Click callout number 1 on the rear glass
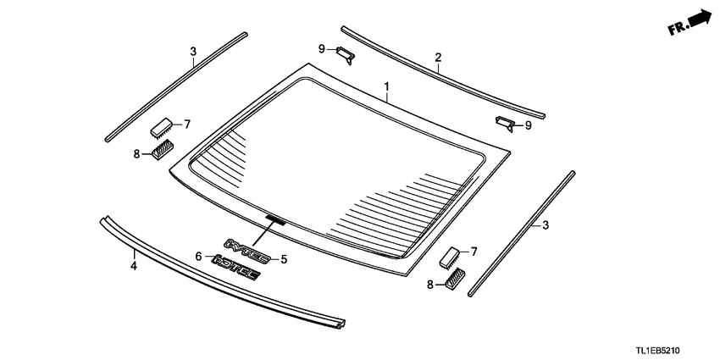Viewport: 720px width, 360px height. (387, 87)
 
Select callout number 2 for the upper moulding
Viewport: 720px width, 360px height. (438, 58)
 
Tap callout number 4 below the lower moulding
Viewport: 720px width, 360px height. (133, 266)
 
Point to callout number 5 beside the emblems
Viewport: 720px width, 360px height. (285, 259)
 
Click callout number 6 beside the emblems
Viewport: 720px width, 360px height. (198, 256)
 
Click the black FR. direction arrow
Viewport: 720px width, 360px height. (691, 23)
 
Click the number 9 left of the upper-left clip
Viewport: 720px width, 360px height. (322, 49)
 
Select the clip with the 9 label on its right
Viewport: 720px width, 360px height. (504, 124)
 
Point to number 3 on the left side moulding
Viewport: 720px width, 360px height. (193, 53)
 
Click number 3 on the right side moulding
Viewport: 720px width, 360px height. (546, 224)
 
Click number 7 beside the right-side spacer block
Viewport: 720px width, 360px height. (474, 252)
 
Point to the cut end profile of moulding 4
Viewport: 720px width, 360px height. (341, 323)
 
